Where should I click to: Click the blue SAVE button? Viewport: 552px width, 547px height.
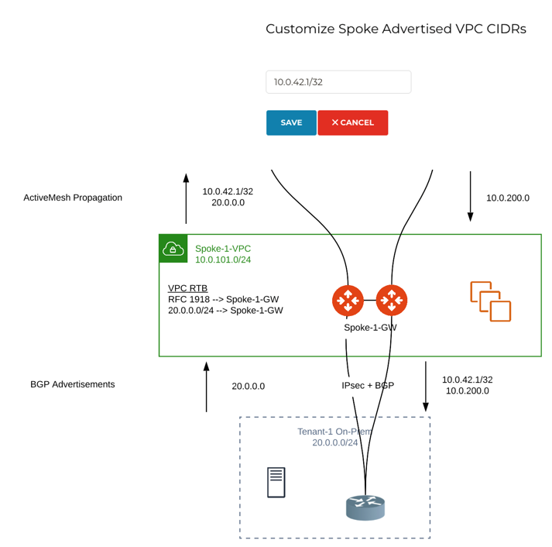tap(291, 122)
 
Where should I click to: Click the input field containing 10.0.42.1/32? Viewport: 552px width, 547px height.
tap(338, 82)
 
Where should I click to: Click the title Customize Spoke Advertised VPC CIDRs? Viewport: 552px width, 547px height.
tap(396, 29)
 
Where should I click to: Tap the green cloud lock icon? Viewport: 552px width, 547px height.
tap(173, 249)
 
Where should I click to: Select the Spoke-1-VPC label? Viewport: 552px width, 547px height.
tap(223, 249)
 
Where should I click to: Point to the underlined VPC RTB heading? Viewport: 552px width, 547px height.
tap(187, 288)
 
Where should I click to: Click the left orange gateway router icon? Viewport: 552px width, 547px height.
tap(348, 301)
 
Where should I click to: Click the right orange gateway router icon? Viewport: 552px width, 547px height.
tap(391, 301)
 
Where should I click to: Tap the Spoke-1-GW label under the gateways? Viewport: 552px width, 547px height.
tap(370, 328)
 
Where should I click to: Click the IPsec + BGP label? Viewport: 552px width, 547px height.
tap(368, 385)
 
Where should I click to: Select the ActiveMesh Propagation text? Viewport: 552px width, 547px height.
tap(73, 198)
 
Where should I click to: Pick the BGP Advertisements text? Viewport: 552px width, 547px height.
tap(73, 384)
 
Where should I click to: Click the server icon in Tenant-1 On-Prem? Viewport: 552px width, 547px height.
tap(276, 482)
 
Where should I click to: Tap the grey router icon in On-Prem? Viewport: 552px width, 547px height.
tap(365, 507)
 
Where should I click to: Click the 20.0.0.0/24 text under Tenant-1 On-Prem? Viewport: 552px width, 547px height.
tap(335, 442)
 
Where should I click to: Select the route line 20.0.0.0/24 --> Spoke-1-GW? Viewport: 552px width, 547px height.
tap(225, 310)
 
